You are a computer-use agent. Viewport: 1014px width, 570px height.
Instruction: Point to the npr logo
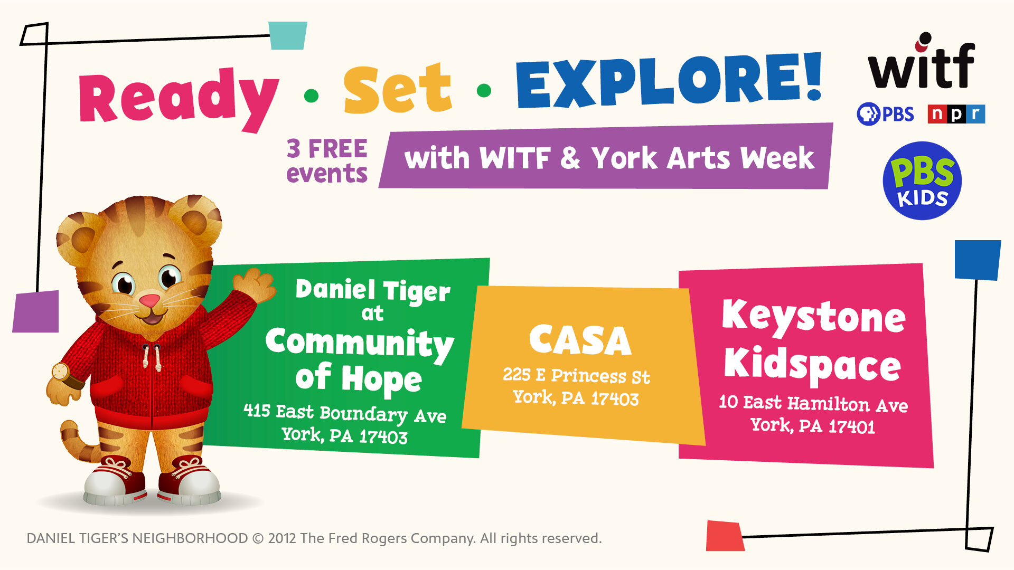pos(956,114)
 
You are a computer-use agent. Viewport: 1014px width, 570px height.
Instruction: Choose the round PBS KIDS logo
pos(922,180)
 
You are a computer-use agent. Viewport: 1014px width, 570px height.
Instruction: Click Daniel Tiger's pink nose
pos(149,301)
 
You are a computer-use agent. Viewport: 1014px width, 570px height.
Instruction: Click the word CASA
pos(580,340)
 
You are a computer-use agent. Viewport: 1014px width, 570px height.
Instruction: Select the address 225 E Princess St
pos(576,375)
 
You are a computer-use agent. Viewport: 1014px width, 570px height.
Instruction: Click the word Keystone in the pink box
pos(814,317)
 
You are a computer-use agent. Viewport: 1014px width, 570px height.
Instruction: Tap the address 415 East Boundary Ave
pos(345,413)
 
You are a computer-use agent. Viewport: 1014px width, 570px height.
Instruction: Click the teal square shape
pos(288,35)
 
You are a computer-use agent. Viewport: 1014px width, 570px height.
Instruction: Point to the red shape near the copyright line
pos(725,536)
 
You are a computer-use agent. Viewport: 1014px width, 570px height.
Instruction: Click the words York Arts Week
pos(702,158)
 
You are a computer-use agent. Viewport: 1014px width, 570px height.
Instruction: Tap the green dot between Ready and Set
pos(312,96)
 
